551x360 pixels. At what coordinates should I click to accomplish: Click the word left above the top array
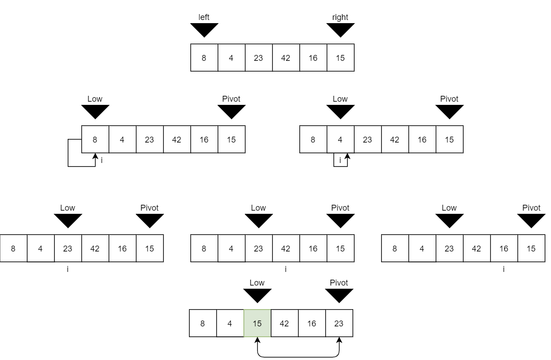point(204,17)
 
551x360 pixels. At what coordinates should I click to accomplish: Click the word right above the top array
point(340,17)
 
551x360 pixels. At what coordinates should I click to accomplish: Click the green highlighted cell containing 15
point(257,323)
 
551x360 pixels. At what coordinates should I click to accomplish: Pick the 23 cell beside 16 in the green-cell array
point(339,323)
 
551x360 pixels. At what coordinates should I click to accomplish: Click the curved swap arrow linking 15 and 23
point(298,356)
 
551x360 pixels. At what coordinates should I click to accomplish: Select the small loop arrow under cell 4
point(340,161)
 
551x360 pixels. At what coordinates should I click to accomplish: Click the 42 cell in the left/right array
point(286,58)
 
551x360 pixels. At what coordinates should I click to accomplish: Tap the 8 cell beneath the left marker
point(204,58)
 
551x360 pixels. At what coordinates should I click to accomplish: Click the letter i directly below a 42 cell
point(286,270)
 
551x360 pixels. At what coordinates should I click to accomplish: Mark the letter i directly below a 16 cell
point(504,270)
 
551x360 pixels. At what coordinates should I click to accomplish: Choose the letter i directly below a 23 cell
point(68,270)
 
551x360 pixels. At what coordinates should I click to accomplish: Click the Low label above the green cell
point(257,283)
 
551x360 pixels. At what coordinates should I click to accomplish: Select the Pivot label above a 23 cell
point(339,283)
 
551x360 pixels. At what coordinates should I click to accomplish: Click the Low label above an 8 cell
point(95,99)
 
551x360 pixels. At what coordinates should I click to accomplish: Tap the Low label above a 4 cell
point(340,99)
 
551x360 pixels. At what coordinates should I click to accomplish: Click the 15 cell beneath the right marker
point(340,58)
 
